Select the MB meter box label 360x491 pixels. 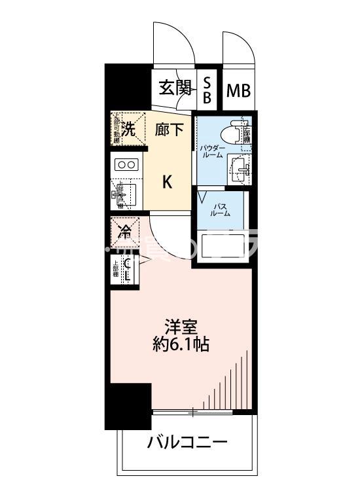(x=239, y=90)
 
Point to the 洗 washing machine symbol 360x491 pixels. (x=129, y=129)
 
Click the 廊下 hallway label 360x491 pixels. (x=170, y=130)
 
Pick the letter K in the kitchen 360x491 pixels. (x=168, y=181)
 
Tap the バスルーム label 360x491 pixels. (x=220, y=209)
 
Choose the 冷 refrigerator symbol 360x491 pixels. (x=125, y=230)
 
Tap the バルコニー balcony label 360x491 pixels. (x=187, y=443)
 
